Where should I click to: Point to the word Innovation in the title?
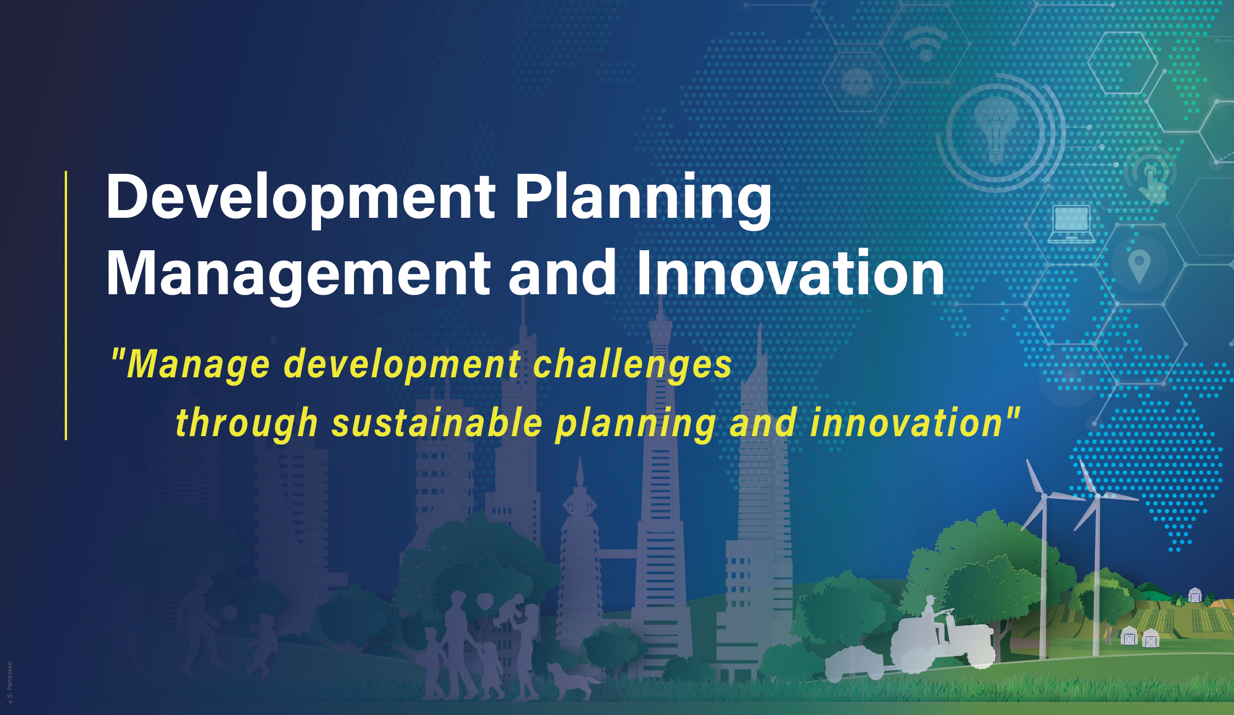pyautogui.click(x=790, y=274)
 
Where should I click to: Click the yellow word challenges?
pyautogui.click(x=632, y=364)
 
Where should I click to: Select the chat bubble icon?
pyautogui.click(x=856, y=82)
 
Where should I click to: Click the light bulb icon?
pyautogui.click(x=996, y=130)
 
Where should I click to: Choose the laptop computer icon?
pyautogui.click(x=1071, y=224)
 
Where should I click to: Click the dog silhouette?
pyautogui.click(x=572, y=680)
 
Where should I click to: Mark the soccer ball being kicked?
pyautogui.click(x=230, y=612)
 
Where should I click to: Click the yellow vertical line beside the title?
pyautogui.click(x=66, y=305)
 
